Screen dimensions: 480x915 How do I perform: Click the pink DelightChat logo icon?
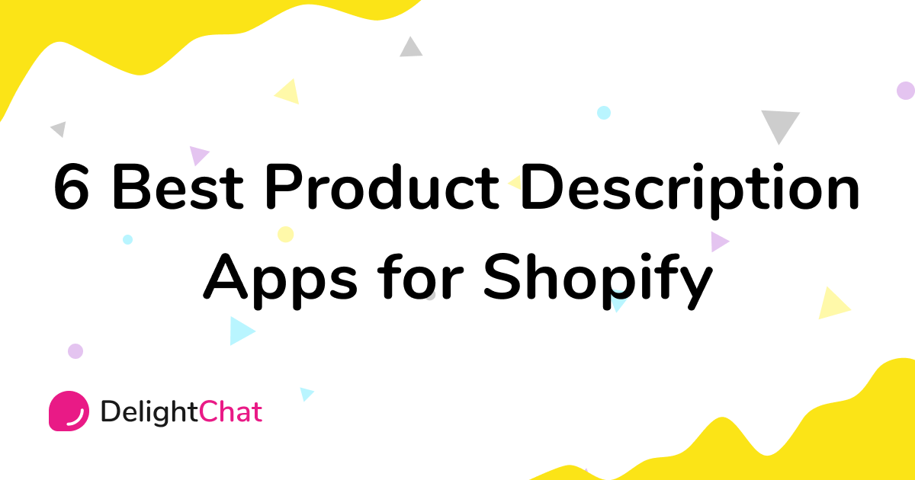pyautogui.click(x=69, y=411)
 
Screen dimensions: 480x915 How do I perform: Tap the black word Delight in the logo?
pyautogui.click(x=149, y=413)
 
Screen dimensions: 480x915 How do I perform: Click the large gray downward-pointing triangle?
pyautogui.click(x=780, y=124)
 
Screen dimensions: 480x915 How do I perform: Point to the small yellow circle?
pyautogui.click(x=285, y=234)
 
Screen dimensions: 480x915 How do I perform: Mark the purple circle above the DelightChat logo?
pyautogui.click(x=75, y=351)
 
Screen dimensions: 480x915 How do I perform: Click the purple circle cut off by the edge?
pyautogui.click(x=906, y=91)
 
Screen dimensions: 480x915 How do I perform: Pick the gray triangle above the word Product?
pyautogui.click(x=411, y=47)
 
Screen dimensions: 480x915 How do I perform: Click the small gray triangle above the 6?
pyautogui.click(x=59, y=129)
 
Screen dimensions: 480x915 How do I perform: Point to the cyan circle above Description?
pyautogui.click(x=604, y=113)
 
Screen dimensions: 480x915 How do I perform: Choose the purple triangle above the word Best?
pyautogui.click(x=197, y=155)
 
